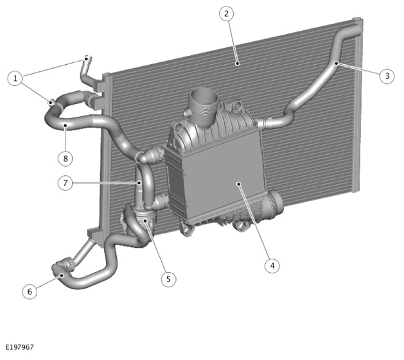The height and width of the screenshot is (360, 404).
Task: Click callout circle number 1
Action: tap(15, 78)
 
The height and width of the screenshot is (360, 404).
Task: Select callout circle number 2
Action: tap(227, 13)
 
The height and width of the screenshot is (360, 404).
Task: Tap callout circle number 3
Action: tap(387, 76)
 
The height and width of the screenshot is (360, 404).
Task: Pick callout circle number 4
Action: tap(272, 265)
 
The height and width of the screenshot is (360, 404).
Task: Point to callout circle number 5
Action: tap(168, 279)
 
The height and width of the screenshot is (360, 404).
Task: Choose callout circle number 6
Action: tap(30, 291)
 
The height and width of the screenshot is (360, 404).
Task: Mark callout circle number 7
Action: tap(66, 183)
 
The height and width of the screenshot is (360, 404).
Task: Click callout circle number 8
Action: tap(66, 159)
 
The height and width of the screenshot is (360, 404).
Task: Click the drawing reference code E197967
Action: tap(19, 347)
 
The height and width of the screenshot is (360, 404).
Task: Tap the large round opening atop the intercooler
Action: tap(204, 99)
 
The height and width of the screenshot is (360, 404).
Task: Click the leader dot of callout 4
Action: tap(239, 184)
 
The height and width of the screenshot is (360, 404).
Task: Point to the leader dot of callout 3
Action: tap(336, 63)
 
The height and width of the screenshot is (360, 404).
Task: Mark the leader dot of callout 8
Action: tap(66, 125)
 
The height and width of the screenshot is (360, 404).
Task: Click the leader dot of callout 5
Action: tap(146, 221)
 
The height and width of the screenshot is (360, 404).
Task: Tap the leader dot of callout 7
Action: tap(139, 183)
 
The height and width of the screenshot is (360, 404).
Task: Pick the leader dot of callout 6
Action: tap(62, 275)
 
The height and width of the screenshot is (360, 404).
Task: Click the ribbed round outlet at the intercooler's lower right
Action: tap(274, 205)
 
